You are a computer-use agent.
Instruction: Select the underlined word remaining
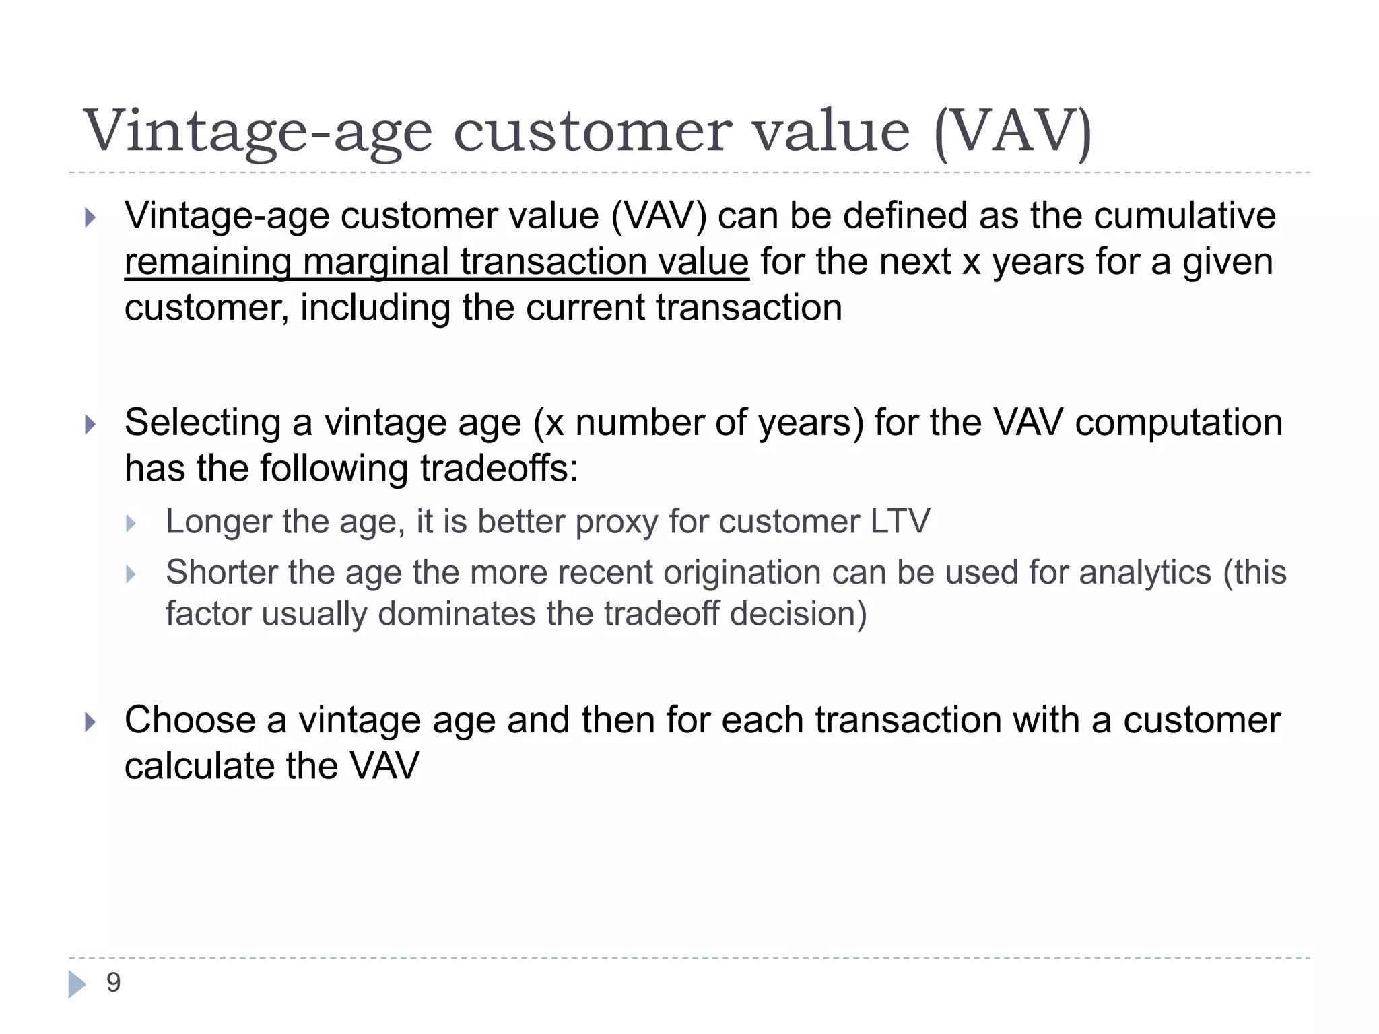(x=207, y=263)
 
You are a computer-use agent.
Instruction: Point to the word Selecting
(x=202, y=423)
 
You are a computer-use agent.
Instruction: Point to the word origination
(x=741, y=573)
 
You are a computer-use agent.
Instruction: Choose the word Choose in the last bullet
(x=190, y=720)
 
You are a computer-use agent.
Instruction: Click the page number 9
(x=113, y=983)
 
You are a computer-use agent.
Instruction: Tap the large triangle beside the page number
(x=77, y=984)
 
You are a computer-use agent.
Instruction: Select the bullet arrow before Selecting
(x=90, y=425)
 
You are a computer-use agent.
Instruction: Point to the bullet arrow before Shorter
(x=131, y=574)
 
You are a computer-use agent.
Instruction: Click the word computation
(x=1178, y=423)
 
